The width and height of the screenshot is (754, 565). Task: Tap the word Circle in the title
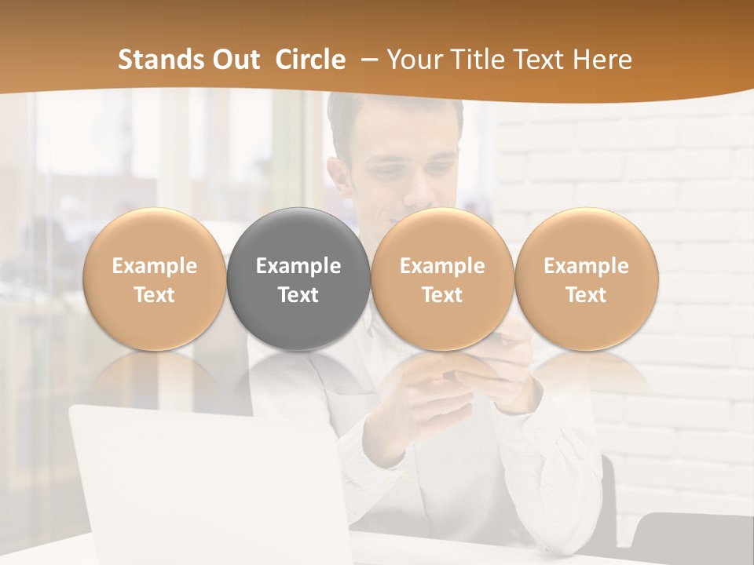pyautogui.click(x=310, y=60)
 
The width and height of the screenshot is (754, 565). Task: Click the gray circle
pyautogui.click(x=298, y=279)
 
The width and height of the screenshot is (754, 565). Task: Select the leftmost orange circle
pyautogui.click(x=155, y=279)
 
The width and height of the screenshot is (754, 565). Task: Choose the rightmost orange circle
pyautogui.click(x=586, y=279)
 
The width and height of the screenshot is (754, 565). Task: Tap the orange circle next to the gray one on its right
pyautogui.click(x=442, y=279)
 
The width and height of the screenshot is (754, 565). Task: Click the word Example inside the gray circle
pyautogui.click(x=298, y=266)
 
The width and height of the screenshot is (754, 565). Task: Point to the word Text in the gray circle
pyautogui.click(x=298, y=295)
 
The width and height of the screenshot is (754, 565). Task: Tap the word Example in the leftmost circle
pyautogui.click(x=155, y=266)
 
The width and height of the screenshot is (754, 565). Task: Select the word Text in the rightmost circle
pyautogui.click(x=586, y=295)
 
